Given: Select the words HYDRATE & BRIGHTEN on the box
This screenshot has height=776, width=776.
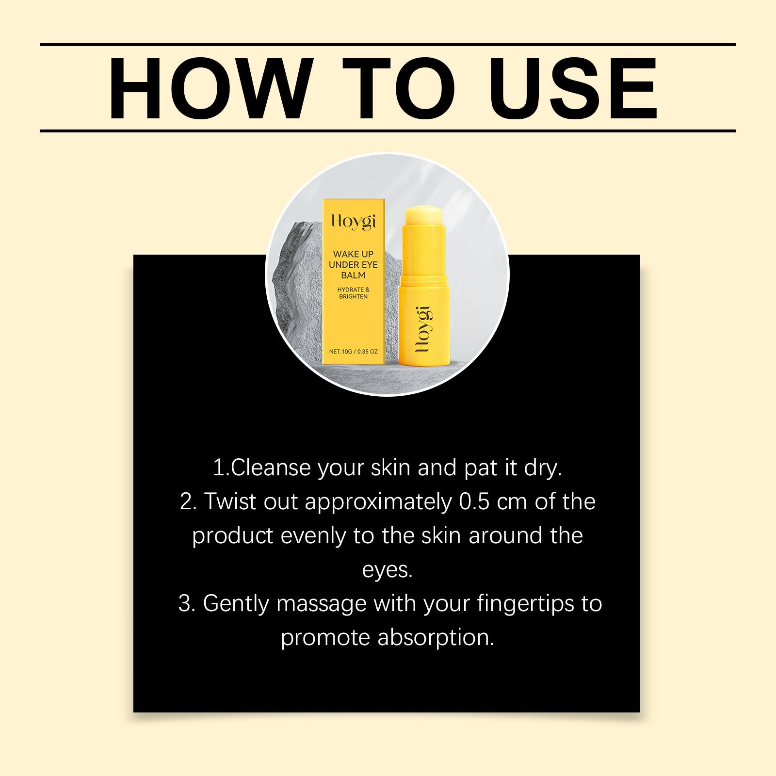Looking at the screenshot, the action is pos(353,293).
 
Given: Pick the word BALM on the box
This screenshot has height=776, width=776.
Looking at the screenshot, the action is pos(353,275).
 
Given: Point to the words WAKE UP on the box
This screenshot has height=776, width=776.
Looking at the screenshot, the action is pos(353,254).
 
